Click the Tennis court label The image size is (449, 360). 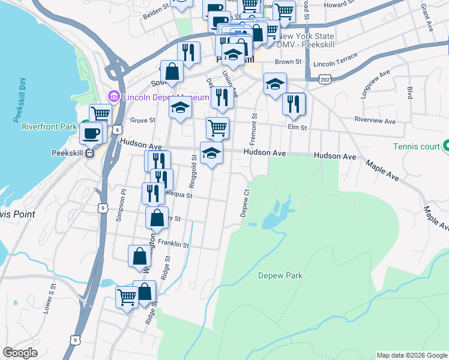pos(416,146)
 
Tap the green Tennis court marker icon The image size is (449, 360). pos(446,146)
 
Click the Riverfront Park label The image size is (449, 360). pos(49,127)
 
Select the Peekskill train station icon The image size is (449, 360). pos(90,152)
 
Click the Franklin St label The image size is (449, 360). pos(173,245)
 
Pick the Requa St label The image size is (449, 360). pos(179,194)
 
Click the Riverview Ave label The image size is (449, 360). pos(375,121)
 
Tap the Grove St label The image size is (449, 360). pos(143,120)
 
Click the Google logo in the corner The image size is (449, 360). pos(20,353)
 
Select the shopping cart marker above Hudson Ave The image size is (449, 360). pos(217,127)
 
